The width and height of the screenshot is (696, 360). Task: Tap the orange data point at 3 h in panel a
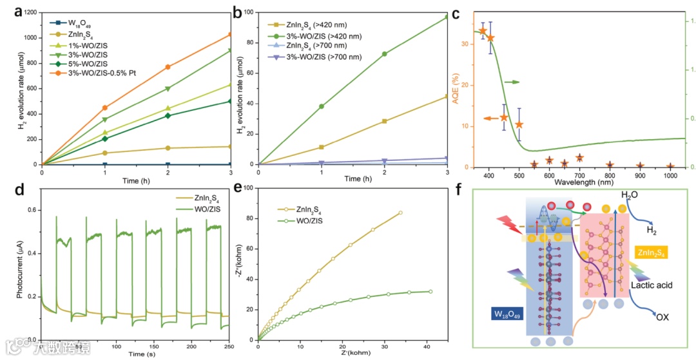pos(229,34)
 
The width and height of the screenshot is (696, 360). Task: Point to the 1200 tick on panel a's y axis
pos(30,13)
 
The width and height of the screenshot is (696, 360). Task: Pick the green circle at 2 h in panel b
pos(385,54)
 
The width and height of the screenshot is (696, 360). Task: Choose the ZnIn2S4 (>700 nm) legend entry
pos(316,46)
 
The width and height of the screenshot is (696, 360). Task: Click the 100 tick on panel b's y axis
pos(249,13)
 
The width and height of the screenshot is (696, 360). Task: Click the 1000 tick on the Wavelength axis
pos(670,175)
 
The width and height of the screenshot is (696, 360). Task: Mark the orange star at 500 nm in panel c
pos(519,124)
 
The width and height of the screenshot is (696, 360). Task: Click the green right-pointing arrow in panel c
pos(512,82)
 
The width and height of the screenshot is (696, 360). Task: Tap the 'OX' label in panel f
pos(661,317)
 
